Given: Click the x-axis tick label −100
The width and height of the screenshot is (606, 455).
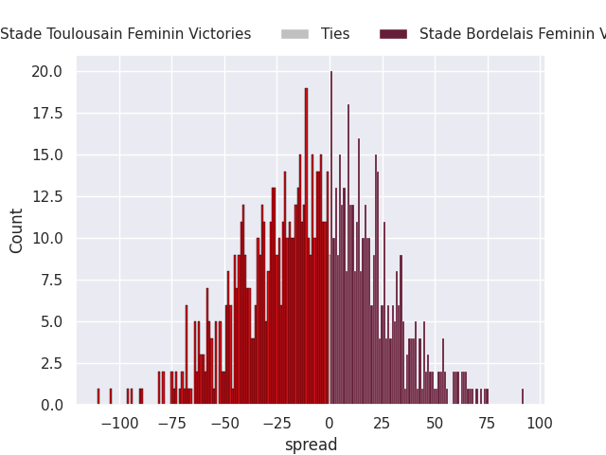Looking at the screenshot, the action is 119,424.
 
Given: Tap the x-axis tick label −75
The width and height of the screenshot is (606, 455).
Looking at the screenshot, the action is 172,424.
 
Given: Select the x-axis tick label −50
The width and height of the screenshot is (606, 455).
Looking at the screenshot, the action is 225,424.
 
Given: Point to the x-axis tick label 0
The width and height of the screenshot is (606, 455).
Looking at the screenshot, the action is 330,424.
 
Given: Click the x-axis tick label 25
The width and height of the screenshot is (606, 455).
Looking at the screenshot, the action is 382,424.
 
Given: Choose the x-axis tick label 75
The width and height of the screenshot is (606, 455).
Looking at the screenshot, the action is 487,424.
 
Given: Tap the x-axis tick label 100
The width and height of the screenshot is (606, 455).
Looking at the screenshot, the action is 540,424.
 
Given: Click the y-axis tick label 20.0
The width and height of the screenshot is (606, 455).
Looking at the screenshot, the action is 46,72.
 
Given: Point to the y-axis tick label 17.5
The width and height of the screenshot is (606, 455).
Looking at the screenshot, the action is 47,114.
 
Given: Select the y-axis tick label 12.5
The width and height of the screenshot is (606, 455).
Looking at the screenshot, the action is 47,197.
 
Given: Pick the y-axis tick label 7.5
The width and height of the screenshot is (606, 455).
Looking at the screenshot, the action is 51,281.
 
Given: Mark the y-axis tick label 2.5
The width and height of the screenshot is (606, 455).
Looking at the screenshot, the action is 51,364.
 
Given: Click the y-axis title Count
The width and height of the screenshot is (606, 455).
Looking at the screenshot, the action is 16,231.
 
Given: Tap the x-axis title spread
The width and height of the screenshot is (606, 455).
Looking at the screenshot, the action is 312,445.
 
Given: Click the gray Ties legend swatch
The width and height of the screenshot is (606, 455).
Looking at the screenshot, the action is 294,34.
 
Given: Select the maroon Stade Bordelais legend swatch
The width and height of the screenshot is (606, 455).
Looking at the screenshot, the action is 394,34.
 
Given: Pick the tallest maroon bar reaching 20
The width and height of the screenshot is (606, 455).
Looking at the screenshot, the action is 331,238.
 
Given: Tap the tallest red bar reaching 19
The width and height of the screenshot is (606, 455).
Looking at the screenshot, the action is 306,246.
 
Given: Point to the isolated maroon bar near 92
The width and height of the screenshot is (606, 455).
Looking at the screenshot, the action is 523,396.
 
